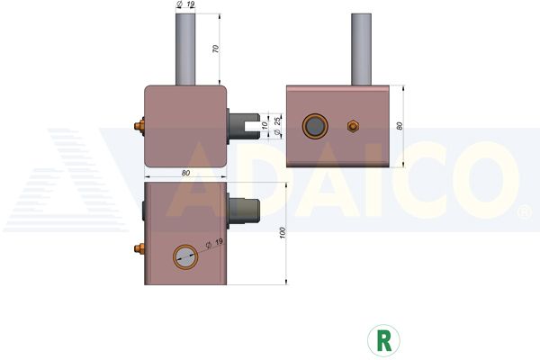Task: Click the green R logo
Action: point(383,340)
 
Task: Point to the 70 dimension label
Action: point(216,49)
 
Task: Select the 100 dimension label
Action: point(283,233)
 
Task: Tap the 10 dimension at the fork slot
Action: point(265,125)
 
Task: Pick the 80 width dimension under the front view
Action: point(185,173)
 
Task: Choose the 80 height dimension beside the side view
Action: point(399,126)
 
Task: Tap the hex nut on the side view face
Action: point(353,126)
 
